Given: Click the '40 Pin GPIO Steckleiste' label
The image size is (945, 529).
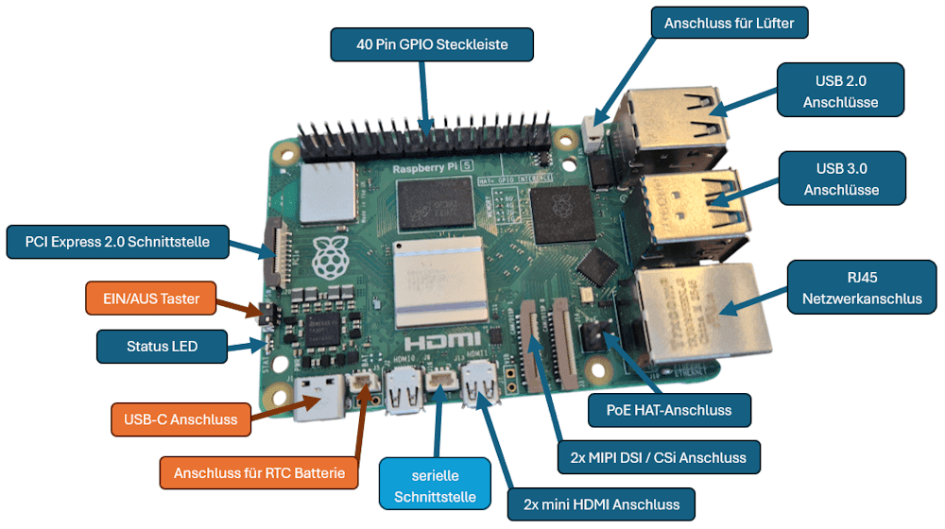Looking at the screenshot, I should pos(432,44).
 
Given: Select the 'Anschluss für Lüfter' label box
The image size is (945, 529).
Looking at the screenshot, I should pos(730,23).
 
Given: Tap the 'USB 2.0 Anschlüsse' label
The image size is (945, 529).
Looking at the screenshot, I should pos(840,91).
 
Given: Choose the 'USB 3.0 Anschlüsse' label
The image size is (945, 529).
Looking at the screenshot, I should pos(841,179).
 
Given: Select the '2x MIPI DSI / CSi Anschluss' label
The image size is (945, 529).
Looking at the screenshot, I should pos(659,457).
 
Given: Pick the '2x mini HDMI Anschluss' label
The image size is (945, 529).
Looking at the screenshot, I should pos(600,503).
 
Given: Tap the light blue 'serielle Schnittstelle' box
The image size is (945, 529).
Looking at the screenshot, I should pos(436,482).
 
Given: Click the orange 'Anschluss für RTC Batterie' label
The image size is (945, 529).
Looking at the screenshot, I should pos(259,472).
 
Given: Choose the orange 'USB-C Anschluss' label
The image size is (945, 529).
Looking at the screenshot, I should pos(180,419).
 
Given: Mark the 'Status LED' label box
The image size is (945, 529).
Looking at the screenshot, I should pos(163,347).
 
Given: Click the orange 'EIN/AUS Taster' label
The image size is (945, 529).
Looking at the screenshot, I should pos(151,299).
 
